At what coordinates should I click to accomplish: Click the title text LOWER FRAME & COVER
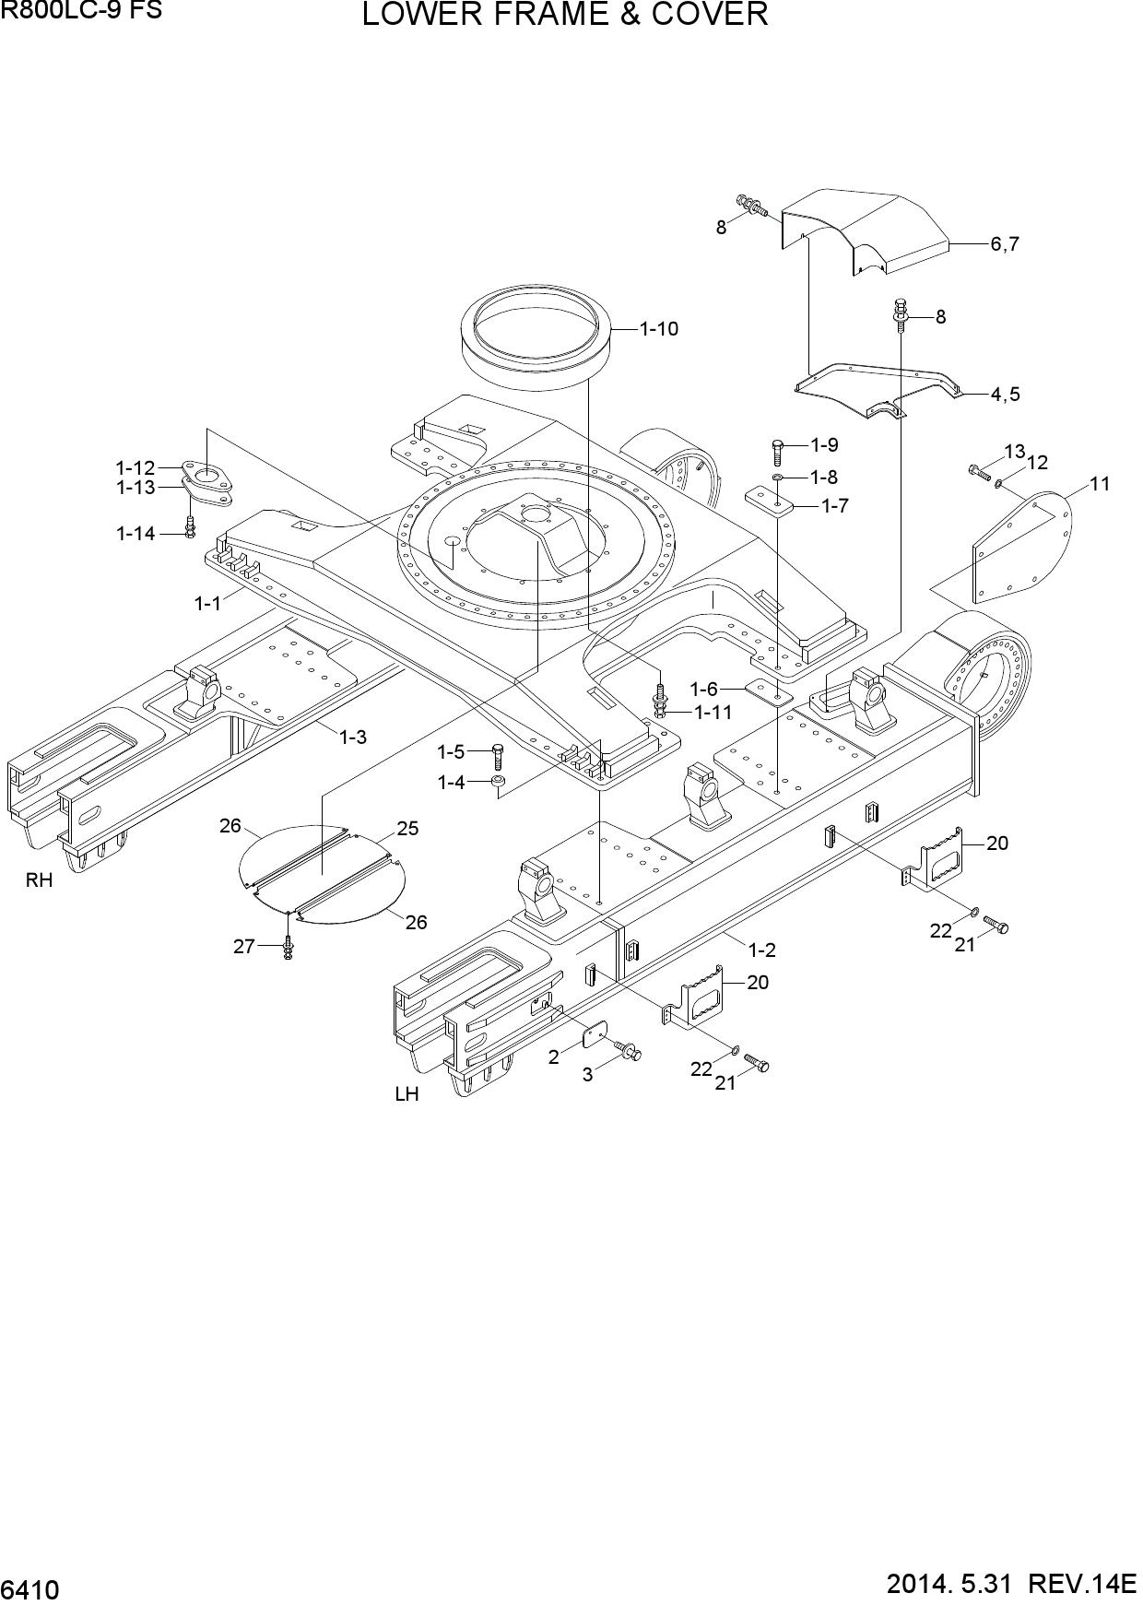565,15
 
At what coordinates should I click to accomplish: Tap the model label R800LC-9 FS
81,10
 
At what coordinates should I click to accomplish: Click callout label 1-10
659,328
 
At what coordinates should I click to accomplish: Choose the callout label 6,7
1005,244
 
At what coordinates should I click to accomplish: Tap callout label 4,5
1005,394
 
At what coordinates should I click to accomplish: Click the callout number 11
1100,483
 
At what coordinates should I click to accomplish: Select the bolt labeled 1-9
777,452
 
